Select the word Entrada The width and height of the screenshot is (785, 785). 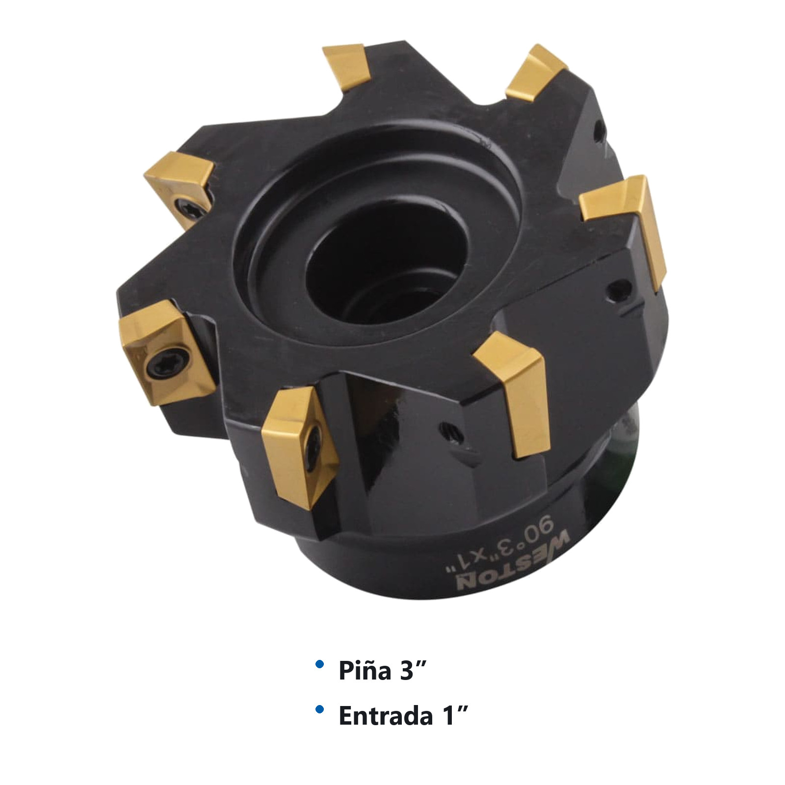386,716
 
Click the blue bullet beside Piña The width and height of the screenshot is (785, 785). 320,665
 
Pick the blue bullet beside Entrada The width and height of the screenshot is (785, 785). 320,709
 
